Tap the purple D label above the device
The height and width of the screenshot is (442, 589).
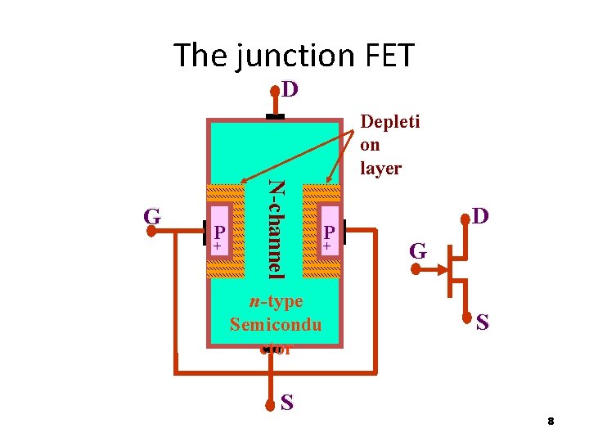click(290, 88)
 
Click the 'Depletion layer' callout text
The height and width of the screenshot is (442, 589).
click(389, 145)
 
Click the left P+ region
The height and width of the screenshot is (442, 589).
click(219, 237)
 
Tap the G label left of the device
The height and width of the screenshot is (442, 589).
click(151, 217)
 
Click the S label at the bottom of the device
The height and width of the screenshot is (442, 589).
click(287, 403)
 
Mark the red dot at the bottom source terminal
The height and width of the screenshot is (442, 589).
click(273, 404)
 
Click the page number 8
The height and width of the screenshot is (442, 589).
click(551, 421)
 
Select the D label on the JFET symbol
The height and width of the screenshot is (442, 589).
click(480, 217)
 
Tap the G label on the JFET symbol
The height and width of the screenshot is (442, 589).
click(417, 251)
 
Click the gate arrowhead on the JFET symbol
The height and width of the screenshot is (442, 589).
click(439, 267)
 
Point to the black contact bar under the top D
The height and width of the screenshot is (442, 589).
click(275, 117)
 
